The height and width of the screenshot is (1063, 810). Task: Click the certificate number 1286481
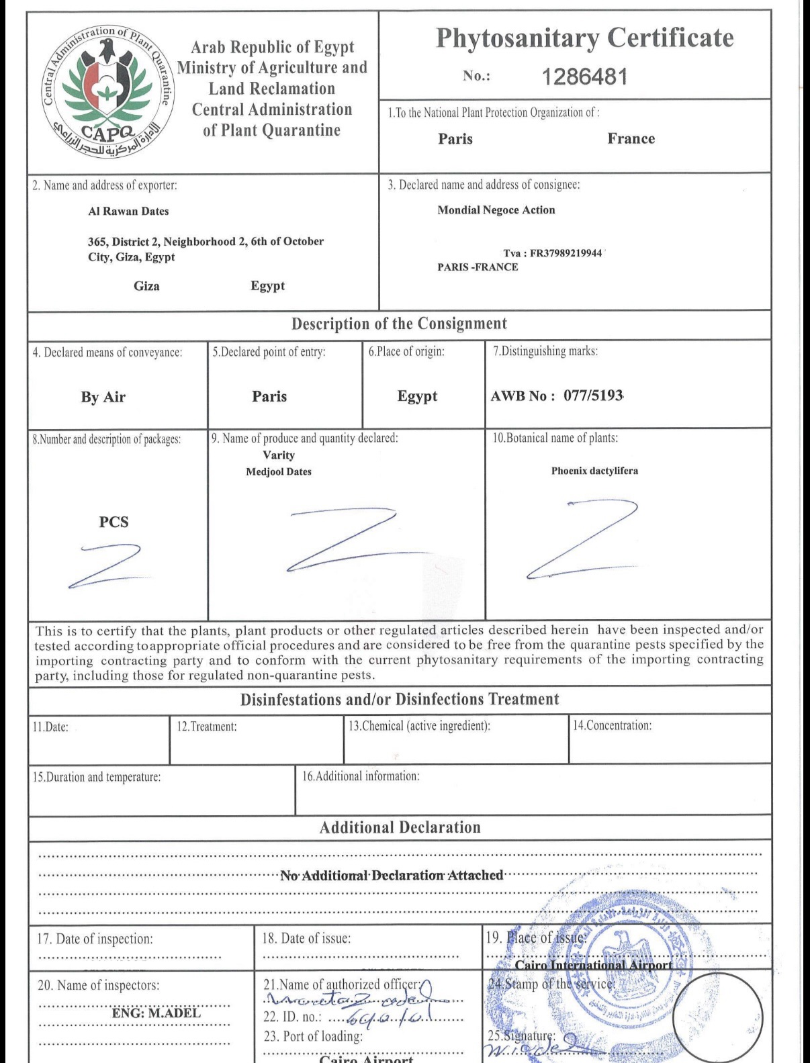click(584, 77)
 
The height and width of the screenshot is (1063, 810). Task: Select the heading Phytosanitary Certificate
click(584, 38)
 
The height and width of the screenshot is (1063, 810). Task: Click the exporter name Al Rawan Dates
click(128, 211)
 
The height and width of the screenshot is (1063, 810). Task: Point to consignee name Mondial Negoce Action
click(496, 210)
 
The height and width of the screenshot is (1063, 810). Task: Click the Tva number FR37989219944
click(552, 253)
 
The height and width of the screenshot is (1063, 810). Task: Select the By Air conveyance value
click(103, 397)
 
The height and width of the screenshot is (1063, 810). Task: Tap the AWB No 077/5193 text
click(557, 396)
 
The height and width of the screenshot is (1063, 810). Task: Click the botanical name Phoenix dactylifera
click(594, 471)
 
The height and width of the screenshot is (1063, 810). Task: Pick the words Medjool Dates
click(279, 472)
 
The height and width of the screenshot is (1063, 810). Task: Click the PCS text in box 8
click(114, 522)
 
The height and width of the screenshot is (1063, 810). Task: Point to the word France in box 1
click(631, 139)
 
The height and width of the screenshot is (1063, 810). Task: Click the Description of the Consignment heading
click(399, 324)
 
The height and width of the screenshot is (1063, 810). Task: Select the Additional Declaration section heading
click(400, 827)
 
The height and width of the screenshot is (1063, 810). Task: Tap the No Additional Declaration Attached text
click(392, 875)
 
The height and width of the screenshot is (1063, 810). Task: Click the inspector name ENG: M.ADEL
click(156, 1013)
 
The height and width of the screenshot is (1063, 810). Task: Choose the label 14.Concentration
click(612, 726)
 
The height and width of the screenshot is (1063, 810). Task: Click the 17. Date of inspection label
click(95, 939)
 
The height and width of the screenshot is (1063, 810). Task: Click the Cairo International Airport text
click(593, 966)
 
